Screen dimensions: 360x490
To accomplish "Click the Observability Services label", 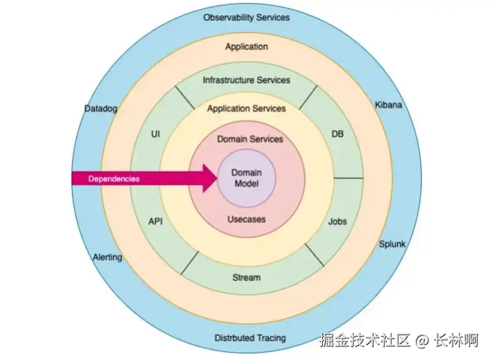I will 246,17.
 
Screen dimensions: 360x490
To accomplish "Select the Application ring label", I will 246,47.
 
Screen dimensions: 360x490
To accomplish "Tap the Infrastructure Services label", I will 246,80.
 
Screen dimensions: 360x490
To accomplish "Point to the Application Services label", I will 246,108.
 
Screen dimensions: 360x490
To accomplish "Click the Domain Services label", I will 250,139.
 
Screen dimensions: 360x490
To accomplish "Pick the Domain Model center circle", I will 246,178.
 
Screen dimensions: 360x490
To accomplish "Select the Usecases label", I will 246,219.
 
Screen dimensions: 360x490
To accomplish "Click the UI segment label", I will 155,133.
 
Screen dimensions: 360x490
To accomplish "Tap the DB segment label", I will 337,133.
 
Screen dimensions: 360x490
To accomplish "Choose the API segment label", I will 156,221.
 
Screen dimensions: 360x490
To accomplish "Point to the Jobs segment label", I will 337,221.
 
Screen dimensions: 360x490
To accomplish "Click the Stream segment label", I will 246,277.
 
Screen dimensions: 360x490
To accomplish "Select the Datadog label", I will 100,108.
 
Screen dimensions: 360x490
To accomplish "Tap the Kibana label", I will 388,105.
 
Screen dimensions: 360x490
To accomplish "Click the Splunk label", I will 392,244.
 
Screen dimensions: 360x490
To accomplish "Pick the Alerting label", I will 107,257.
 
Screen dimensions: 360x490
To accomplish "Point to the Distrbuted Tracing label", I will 250,338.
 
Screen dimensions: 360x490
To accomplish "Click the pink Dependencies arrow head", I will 209,178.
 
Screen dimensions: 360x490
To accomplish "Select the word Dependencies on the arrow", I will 114,179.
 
